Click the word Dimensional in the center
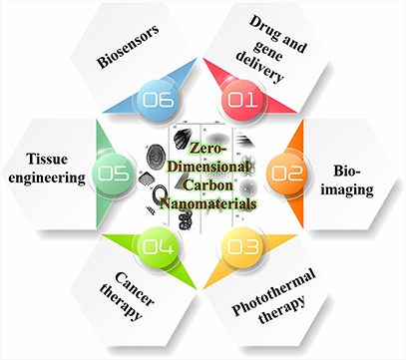[203, 165]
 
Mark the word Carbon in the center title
[203, 182]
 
